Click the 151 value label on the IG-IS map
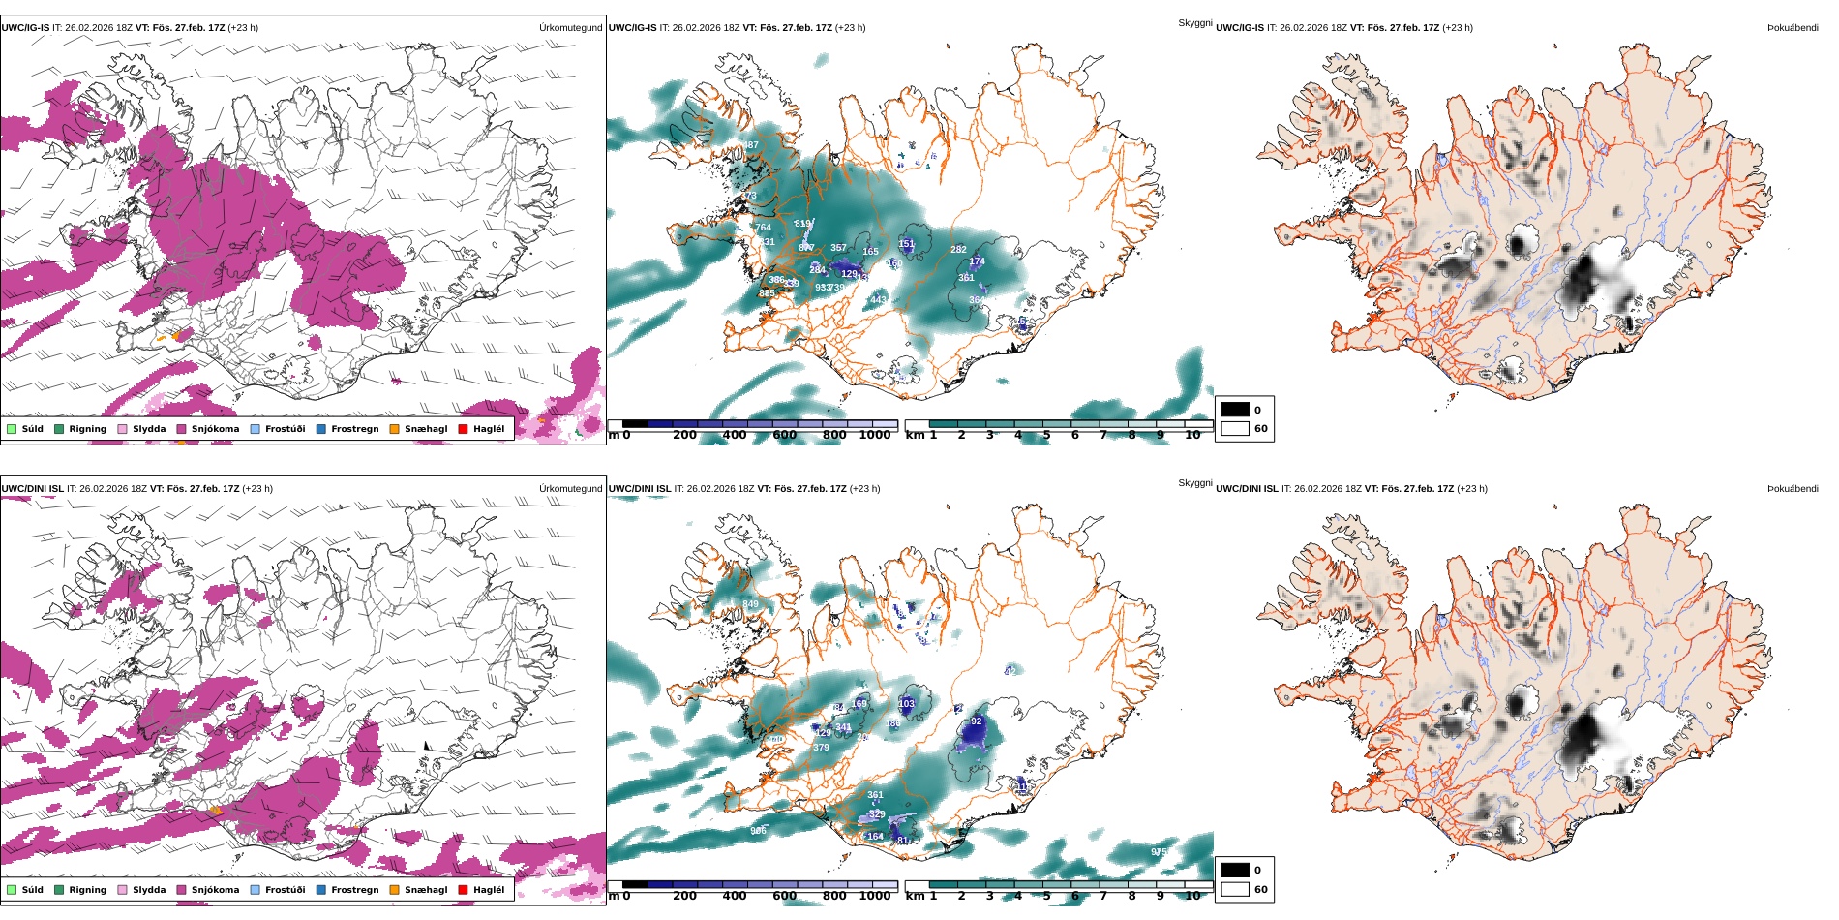906,244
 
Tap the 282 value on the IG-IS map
958,250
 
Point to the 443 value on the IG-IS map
878,300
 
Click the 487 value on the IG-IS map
750,146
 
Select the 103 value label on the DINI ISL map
906,704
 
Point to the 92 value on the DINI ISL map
976,721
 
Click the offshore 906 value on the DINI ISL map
758,831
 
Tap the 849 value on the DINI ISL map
750,604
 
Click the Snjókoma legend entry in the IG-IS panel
208,429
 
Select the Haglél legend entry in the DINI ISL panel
482,890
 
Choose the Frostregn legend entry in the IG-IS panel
347,429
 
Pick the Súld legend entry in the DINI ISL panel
25,890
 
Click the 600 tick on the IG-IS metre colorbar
785,435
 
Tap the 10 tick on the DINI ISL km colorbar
1192,896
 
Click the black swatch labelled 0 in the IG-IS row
1235,410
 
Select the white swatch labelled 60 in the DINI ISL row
1235,889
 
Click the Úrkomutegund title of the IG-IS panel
570,28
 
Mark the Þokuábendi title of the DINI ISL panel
1793,489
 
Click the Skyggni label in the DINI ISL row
1194,483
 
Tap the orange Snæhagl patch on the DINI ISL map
216,810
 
